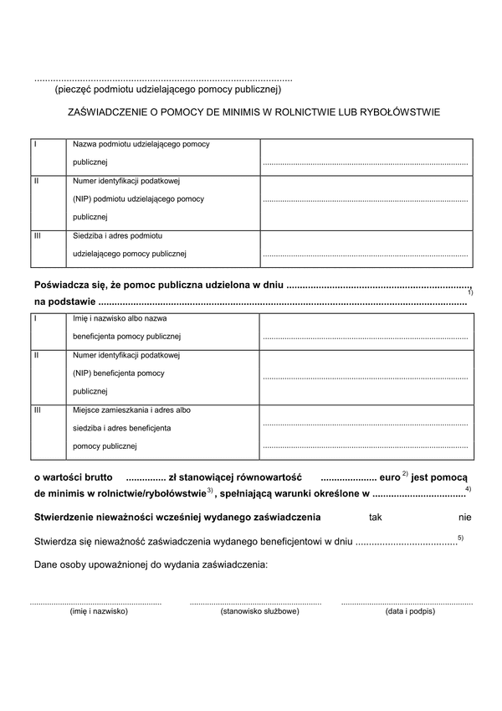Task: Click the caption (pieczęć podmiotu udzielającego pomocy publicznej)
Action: tap(167, 89)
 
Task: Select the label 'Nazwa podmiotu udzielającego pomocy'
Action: tap(141, 144)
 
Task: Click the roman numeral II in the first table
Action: tap(36, 181)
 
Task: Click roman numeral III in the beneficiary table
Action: tap(38, 410)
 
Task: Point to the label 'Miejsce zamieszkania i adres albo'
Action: tap(132, 410)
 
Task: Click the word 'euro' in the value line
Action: tap(389, 476)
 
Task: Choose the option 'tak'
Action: tap(375, 517)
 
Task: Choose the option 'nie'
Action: tap(465, 517)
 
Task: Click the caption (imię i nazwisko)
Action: tap(97, 612)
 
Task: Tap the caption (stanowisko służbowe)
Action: tap(255, 612)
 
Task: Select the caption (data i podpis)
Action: tap(406, 612)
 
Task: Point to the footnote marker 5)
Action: tap(461, 537)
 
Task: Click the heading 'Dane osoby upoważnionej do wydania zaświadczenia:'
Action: tap(151, 566)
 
